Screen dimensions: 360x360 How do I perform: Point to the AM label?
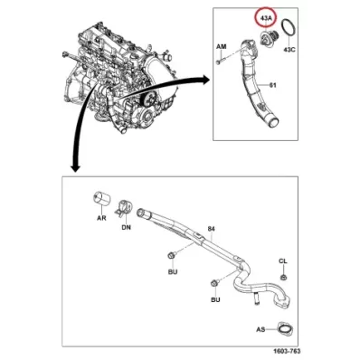click(221, 44)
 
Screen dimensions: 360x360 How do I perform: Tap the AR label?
click(102, 219)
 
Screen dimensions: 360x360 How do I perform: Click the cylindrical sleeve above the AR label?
click(102, 200)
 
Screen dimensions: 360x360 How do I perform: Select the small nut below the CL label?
click(283, 275)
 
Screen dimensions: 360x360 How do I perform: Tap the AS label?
click(261, 330)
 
